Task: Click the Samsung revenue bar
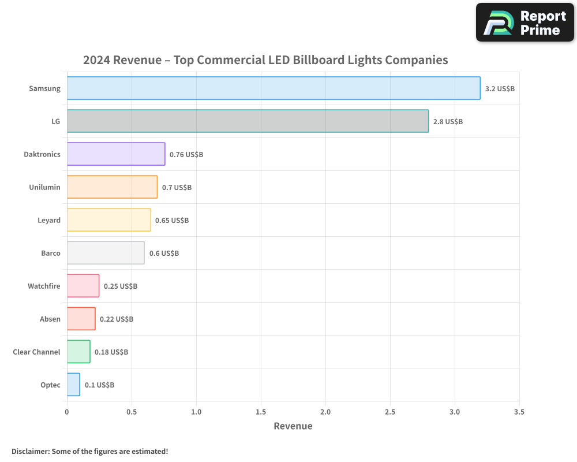click(x=273, y=88)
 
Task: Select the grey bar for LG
click(x=248, y=121)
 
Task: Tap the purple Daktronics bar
click(x=116, y=154)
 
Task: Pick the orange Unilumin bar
click(x=112, y=187)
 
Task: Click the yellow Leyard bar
click(x=108, y=220)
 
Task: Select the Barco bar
click(x=106, y=253)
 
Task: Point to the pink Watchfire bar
click(x=83, y=286)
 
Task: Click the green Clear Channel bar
click(x=78, y=352)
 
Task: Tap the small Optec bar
click(x=73, y=385)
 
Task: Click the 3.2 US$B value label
click(x=500, y=89)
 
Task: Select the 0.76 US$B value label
click(x=186, y=155)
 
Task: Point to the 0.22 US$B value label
click(x=117, y=319)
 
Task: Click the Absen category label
click(x=50, y=319)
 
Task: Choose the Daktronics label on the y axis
click(x=42, y=155)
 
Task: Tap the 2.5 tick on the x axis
click(x=390, y=412)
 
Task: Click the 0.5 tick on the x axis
click(x=132, y=412)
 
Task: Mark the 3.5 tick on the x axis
click(x=519, y=412)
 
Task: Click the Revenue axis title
click(x=293, y=426)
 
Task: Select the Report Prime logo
click(x=524, y=23)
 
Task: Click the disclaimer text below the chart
click(x=89, y=451)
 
